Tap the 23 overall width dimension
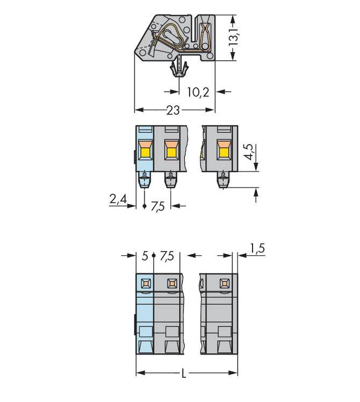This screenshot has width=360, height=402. [x=172, y=110]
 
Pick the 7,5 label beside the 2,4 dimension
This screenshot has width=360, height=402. [x=157, y=206]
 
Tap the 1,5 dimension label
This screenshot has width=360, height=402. [x=257, y=249]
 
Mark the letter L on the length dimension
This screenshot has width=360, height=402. [x=183, y=373]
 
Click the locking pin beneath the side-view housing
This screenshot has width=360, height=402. [x=179, y=69]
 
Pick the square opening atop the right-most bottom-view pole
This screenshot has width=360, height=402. [x=223, y=282]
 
